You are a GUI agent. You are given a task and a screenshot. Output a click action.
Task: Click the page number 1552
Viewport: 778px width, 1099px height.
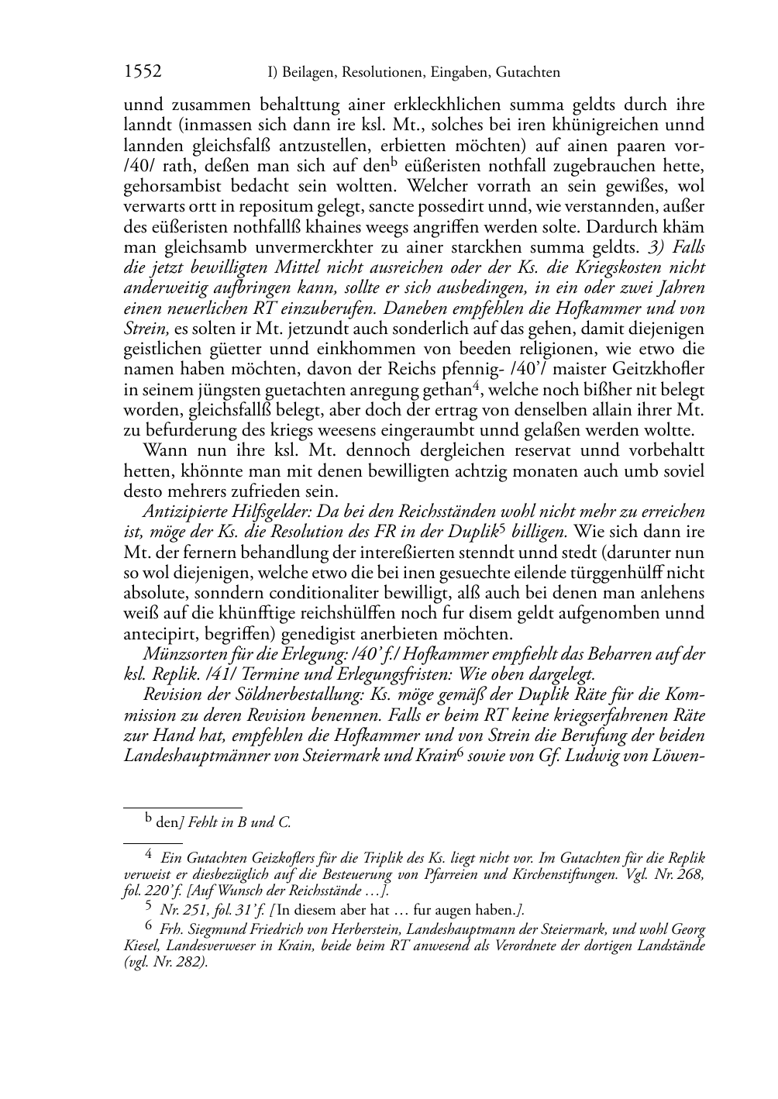click(143, 72)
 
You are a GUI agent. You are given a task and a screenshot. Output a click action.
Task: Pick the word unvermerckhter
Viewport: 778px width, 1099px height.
click(284, 247)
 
